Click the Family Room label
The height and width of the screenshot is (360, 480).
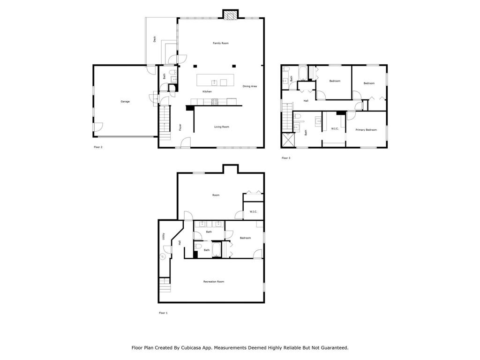click(220, 43)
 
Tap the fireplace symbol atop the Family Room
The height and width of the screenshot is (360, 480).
click(230, 15)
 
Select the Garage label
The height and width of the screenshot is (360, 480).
click(125, 101)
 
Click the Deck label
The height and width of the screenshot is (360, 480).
click(155, 40)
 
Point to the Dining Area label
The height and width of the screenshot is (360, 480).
click(249, 86)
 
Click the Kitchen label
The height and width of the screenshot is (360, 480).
click(207, 91)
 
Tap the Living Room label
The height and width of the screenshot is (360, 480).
click(222, 127)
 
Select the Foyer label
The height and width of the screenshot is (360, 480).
click(180, 127)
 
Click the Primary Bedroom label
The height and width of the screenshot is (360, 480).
click(366, 130)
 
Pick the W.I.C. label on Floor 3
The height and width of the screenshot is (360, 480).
click(335, 128)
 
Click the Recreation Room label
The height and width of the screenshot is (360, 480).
click(213, 281)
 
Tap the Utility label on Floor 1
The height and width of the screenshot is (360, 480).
click(164, 237)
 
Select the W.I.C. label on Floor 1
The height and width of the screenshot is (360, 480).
click(253, 211)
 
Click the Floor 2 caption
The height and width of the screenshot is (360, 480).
click(98, 147)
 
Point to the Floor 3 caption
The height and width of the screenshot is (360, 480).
click(286, 158)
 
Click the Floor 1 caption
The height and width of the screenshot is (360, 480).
click(163, 313)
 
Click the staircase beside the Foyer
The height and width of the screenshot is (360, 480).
click(165, 122)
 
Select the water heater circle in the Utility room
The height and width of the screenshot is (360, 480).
click(163, 256)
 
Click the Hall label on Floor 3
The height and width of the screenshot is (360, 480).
click(306, 101)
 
